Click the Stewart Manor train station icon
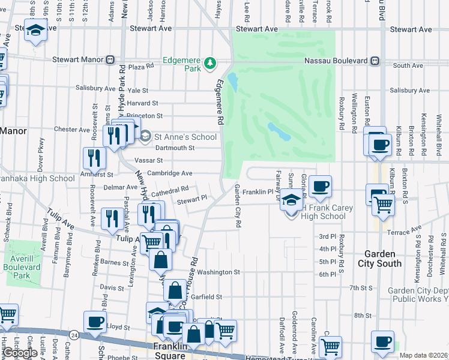point(110,60)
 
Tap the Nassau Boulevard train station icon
point(375,60)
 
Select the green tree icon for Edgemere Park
point(209,62)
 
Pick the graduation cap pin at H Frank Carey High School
point(291,200)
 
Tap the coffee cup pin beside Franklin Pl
point(321,187)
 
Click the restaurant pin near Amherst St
point(94,158)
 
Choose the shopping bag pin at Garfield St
point(174,290)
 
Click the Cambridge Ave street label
point(170,173)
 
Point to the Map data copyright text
point(423,355)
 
